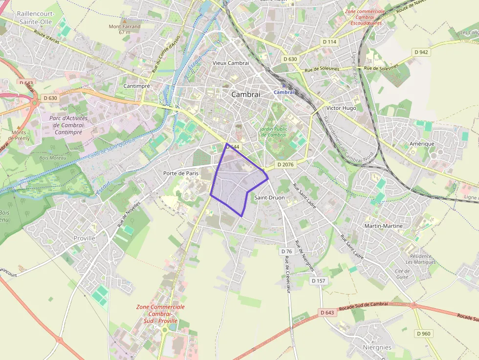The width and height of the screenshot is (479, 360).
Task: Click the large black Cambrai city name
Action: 245,94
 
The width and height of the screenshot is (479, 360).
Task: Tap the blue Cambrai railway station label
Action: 284,92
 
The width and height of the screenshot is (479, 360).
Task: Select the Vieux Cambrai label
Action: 231,63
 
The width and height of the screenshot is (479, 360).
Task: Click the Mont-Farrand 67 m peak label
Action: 125,29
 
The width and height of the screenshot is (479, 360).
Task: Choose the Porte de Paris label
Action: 181,173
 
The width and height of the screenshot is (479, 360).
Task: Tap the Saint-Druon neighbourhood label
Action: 269,197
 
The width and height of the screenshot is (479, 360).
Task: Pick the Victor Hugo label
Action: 341,108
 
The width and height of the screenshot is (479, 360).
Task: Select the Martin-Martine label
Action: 384,226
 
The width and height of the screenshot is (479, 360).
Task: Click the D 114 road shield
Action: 330,42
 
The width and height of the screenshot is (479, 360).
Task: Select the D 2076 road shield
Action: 285,165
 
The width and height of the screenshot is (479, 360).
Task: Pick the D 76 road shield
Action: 286,251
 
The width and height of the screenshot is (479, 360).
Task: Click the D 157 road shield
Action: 318,280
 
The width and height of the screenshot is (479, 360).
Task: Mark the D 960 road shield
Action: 424,333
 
